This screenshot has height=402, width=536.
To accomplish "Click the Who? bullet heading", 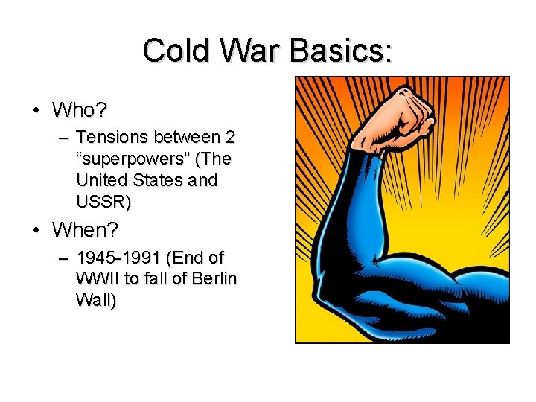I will click(x=80, y=111).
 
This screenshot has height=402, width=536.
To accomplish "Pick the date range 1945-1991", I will click(x=118, y=258).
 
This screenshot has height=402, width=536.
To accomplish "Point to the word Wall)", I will click(x=96, y=301).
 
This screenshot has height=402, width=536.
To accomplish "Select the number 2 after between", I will click(x=230, y=138).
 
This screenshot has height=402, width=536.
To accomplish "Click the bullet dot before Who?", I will click(x=36, y=112).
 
